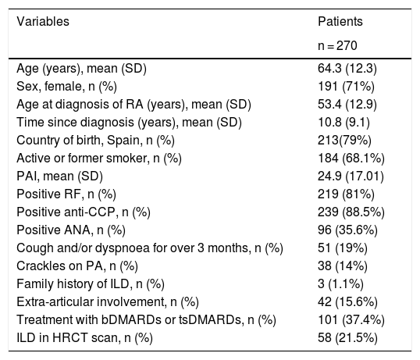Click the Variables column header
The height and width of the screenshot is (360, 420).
tap(43, 21)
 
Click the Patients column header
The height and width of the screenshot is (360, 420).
tap(340, 21)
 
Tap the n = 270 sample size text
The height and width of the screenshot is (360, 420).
tap(337, 45)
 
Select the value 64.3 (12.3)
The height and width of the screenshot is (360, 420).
tap(347, 69)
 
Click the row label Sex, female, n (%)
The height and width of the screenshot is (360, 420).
tap(66, 87)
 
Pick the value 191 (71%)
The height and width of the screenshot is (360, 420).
tap(346, 87)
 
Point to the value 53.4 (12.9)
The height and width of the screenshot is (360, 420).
tap(347, 105)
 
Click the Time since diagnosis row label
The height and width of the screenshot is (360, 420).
tap(129, 123)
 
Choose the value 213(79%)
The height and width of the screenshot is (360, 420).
tap(344, 141)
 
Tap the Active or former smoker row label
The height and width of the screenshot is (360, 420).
tap(99, 159)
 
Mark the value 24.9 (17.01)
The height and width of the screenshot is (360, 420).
tap(351, 176)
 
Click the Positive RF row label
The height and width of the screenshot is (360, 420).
tap(66, 194)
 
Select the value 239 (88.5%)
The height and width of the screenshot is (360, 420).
tap(351, 212)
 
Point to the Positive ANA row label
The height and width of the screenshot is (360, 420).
tap(71, 230)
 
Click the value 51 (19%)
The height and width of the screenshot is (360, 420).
tap(343, 248)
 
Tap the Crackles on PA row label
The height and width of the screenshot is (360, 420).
tap(77, 266)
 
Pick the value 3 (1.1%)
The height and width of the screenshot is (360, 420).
tap(340, 284)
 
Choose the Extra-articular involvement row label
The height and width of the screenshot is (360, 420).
tap(108, 302)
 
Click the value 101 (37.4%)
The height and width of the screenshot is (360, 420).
tap(351, 320)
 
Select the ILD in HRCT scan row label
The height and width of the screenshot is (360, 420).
tap(84, 338)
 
